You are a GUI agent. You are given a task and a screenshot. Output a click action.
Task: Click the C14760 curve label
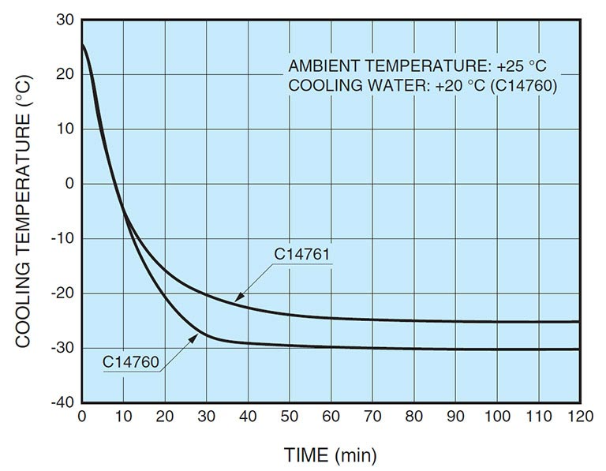click(132, 362)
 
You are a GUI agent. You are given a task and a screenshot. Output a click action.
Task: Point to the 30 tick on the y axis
click(65, 20)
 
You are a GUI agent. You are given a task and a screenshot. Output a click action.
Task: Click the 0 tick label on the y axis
click(69, 184)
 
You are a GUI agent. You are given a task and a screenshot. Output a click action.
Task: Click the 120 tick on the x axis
click(578, 417)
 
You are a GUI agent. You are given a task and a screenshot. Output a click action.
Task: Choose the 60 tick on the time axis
click(331, 417)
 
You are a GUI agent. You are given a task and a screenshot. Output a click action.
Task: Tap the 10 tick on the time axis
click(124, 417)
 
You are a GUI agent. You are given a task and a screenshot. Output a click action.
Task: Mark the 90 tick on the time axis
click(454, 417)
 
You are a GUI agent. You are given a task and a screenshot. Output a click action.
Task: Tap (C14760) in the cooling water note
click(524, 85)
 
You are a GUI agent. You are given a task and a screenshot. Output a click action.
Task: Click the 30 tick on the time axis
click(207, 417)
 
